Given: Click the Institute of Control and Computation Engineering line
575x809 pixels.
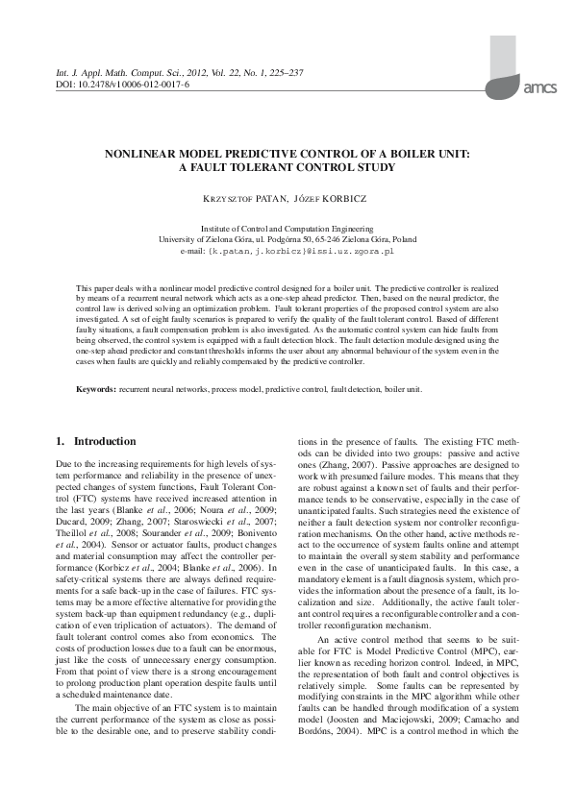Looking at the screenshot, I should click(x=287, y=228).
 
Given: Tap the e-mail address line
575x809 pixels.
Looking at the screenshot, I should click(x=287, y=250).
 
